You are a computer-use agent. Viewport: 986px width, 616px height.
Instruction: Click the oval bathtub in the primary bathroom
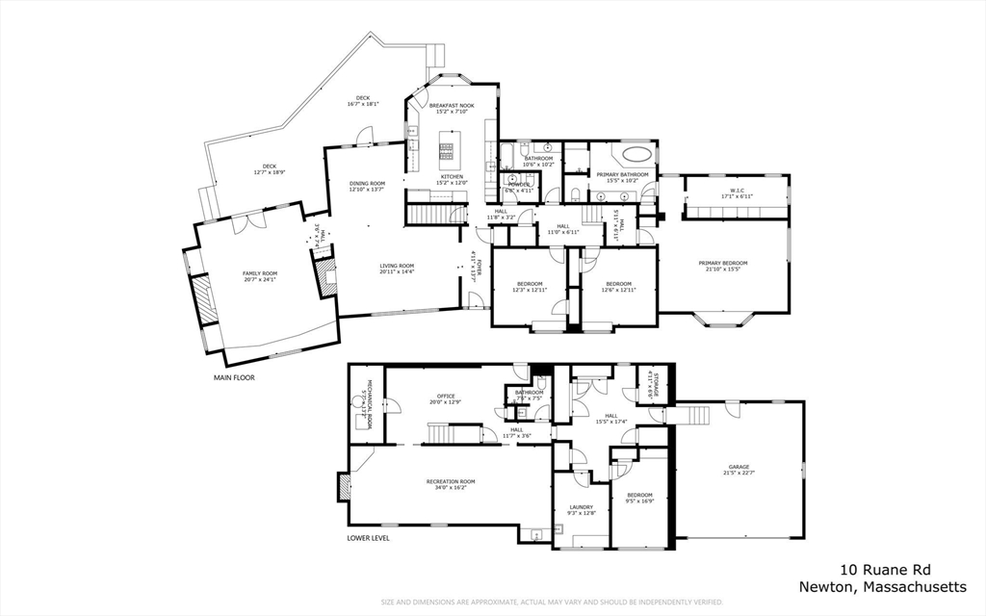point(636,154)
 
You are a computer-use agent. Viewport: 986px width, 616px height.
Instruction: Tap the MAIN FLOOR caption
point(234,378)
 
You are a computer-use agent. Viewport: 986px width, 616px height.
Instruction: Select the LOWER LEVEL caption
point(369,538)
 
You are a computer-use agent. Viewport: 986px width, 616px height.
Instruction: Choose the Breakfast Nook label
point(451,107)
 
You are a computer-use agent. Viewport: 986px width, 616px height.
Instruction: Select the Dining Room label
point(366,186)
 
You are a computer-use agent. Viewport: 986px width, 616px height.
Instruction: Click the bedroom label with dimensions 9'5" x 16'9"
point(639,498)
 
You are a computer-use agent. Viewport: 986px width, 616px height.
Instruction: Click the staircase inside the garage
point(692,415)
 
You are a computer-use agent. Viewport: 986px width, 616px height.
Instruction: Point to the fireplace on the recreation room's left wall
point(344,486)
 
